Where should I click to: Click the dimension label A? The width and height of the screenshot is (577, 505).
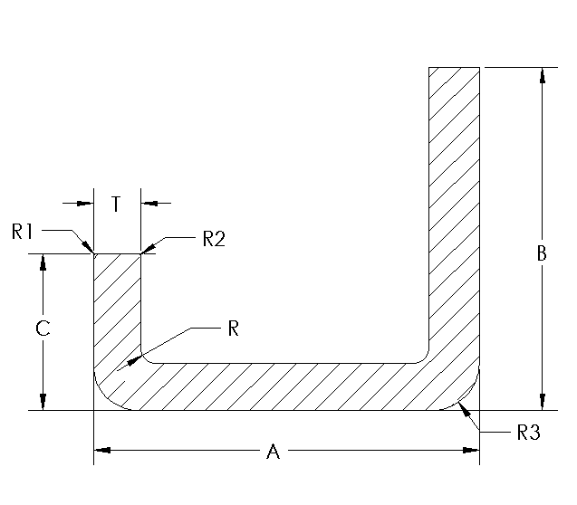click(272, 452)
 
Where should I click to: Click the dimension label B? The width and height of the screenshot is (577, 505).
click(542, 254)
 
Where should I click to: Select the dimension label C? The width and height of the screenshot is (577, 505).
click(43, 329)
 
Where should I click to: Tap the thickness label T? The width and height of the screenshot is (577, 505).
click(116, 205)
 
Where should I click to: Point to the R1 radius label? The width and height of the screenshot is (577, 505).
click(24, 232)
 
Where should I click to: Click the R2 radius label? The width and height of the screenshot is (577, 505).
click(213, 239)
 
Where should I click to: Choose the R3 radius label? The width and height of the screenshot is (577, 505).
click(527, 433)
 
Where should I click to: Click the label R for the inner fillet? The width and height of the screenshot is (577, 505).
click(233, 329)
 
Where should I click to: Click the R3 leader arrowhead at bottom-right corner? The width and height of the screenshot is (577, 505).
click(465, 408)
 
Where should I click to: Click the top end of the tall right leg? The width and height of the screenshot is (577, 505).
click(454, 68)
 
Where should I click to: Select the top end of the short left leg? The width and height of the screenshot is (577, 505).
click(118, 254)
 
